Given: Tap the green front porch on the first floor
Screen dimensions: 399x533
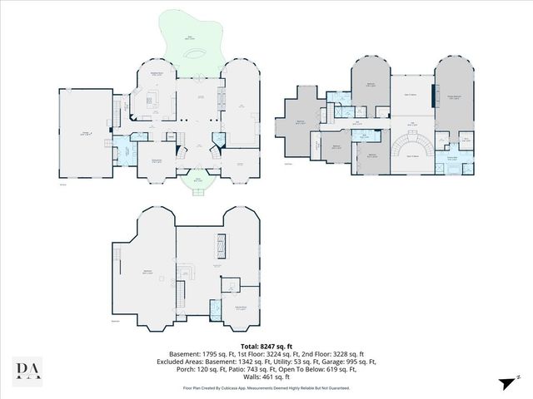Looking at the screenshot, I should click(198, 181).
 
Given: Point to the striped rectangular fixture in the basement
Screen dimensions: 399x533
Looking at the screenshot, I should click(220, 247).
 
